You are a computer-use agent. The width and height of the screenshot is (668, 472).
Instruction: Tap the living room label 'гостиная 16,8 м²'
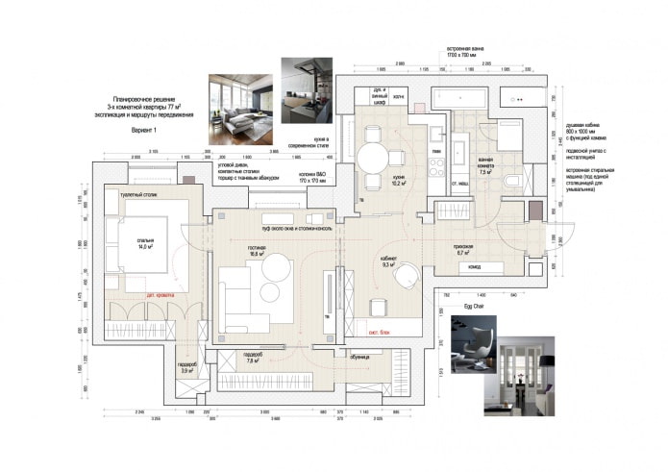(257, 256)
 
